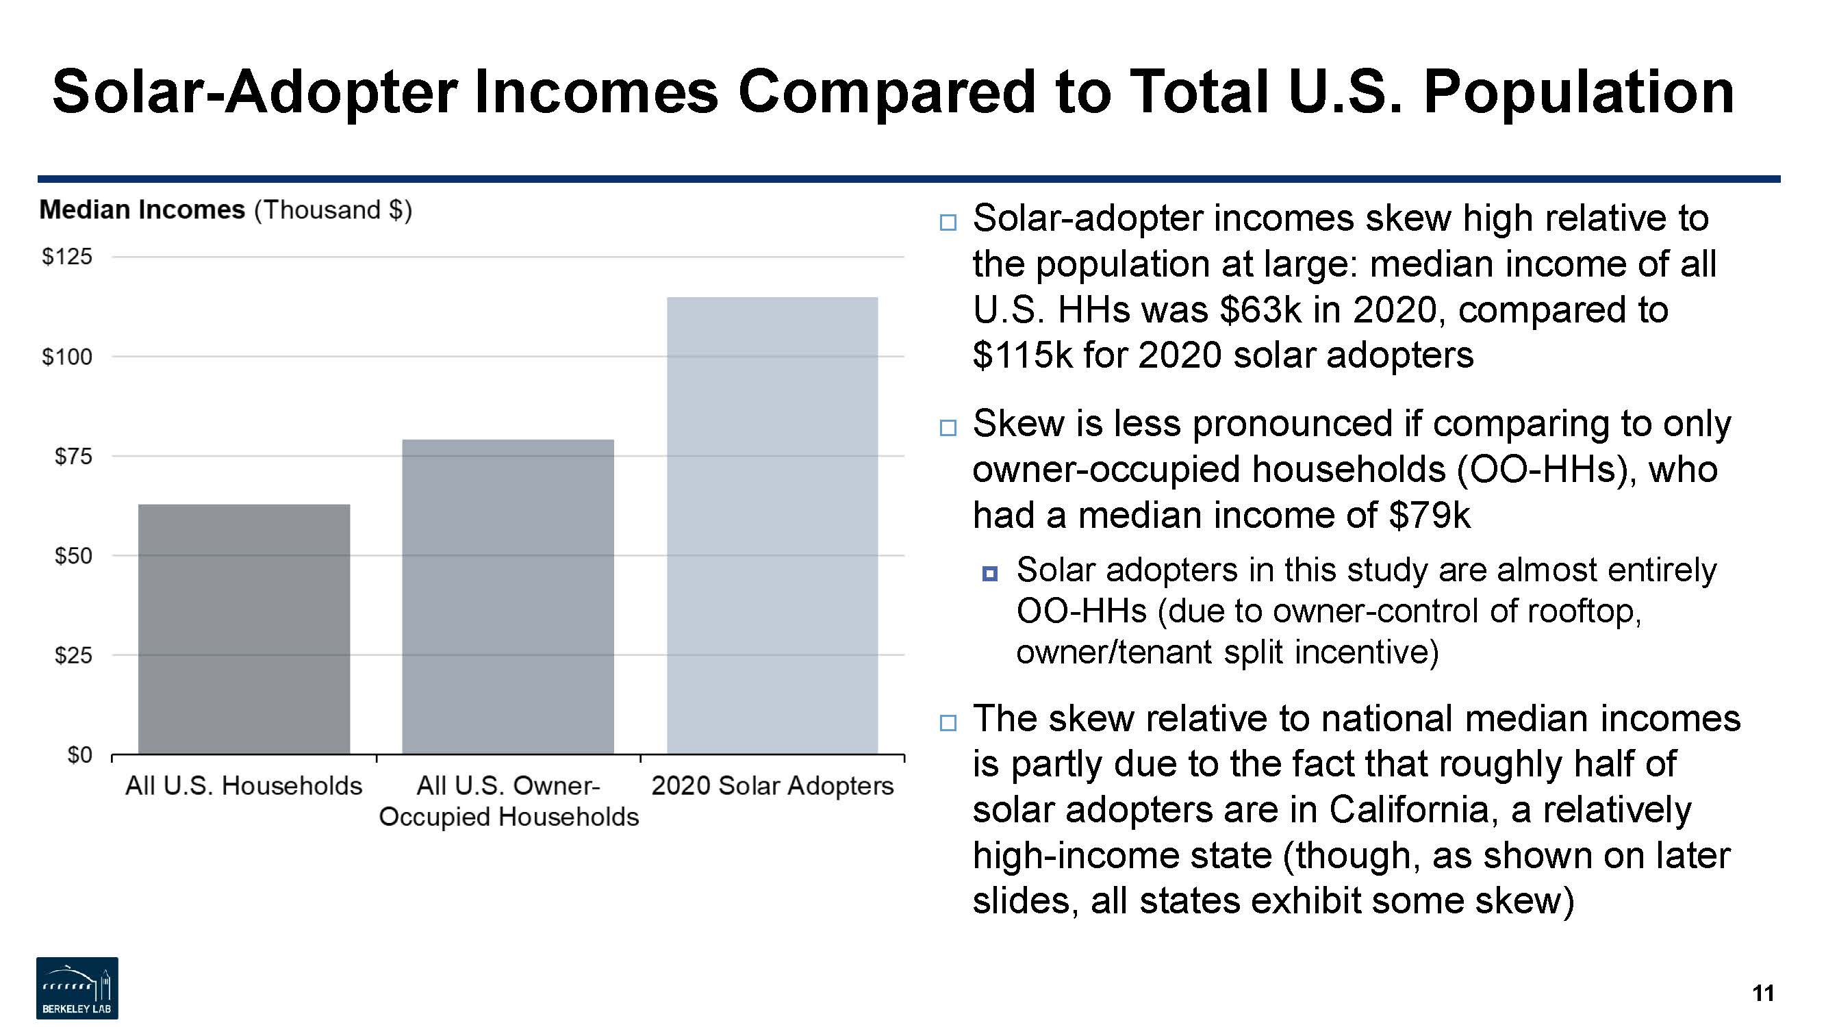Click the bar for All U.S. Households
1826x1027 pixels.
pos(244,629)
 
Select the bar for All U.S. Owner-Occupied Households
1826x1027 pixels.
pos(507,597)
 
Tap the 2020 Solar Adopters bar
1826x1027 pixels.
pos(772,525)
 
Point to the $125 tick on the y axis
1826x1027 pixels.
pos(67,257)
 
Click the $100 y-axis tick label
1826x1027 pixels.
pos(67,357)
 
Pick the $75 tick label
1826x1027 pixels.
pos(74,456)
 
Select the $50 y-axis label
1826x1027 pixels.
pos(74,556)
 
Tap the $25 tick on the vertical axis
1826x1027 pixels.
pos(74,655)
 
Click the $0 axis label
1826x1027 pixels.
pos(80,755)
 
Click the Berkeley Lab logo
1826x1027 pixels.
pos(77,988)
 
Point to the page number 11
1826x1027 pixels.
pos(1763,993)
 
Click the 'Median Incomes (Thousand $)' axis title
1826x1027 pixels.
pos(225,210)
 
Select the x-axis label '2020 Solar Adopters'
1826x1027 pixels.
pos(773,785)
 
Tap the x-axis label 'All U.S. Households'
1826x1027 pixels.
pos(244,785)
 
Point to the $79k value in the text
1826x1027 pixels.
pos(1430,515)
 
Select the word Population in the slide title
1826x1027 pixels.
pos(1579,92)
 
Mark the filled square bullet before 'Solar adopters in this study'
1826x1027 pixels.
pos(990,573)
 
